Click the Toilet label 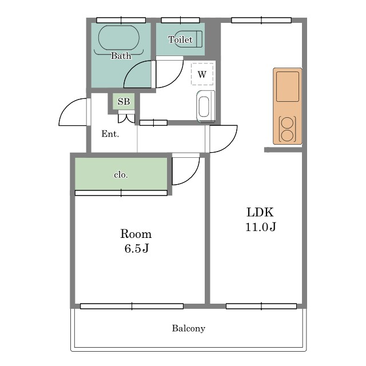click(x=181, y=39)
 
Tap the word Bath click(x=121, y=55)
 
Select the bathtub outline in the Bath click(x=119, y=38)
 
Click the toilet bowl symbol click(x=188, y=39)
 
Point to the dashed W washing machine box click(x=202, y=74)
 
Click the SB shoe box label click(x=124, y=102)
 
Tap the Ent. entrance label click(x=110, y=134)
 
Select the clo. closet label click(x=121, y=174)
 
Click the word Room click(x=136, y=234)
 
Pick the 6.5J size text click(x=137, y=248)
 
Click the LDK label click(x=260, y=212)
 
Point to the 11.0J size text click(x=261, y=226)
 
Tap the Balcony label click(x=189, y=328)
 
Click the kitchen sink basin click(x=288, y=86)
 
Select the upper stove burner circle click(x=287, y=123)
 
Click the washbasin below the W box click(x=206, y=107)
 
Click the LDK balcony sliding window click(x=261, y=306)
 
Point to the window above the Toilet click(x=181, y=20)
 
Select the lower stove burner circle click(x=287, y=136)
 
